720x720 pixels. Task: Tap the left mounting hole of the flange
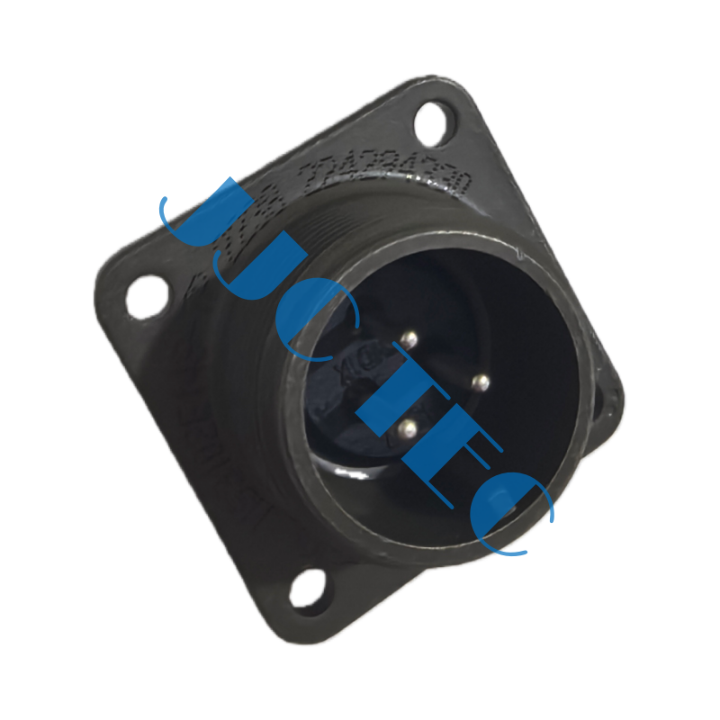click(x=146, y=298)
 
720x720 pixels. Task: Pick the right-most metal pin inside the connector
click(x=480, y=382)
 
